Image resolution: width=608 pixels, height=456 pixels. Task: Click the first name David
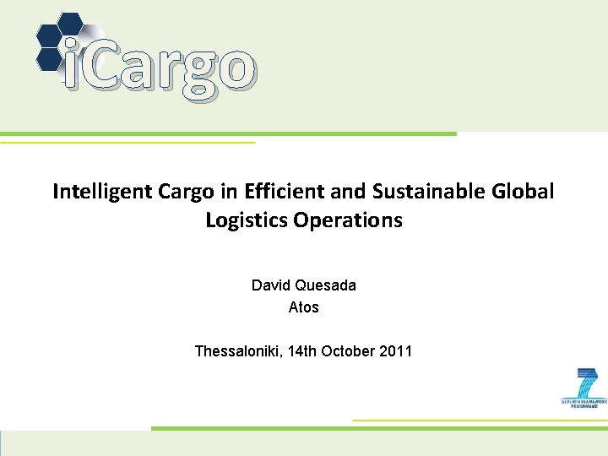270,285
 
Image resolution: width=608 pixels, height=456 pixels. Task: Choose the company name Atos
304,307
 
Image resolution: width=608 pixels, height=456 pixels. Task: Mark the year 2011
396,350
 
